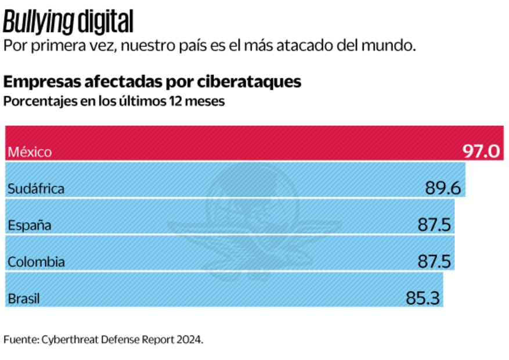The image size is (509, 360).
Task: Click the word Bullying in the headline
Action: point(38,23)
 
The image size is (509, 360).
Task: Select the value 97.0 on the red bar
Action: point(481,152)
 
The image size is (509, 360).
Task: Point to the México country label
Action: point(30,153)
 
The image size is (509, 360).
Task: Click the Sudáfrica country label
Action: point(35,189)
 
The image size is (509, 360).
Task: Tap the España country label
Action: point(30,225)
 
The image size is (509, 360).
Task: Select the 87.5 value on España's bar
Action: point(435,225)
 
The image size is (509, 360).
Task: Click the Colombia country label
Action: point(36,262)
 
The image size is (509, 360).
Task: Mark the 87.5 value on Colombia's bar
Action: point(435,261)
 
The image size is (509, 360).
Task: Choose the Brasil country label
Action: point(24,299)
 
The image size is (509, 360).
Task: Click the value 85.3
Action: point(423,298)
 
